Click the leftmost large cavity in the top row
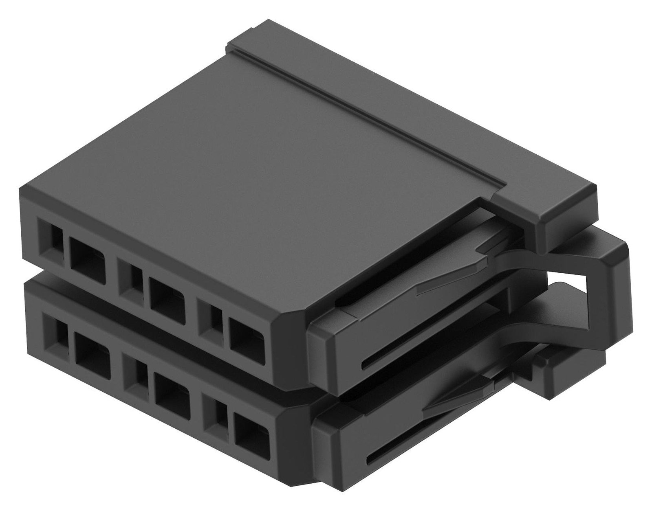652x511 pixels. [x=88, y=256]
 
